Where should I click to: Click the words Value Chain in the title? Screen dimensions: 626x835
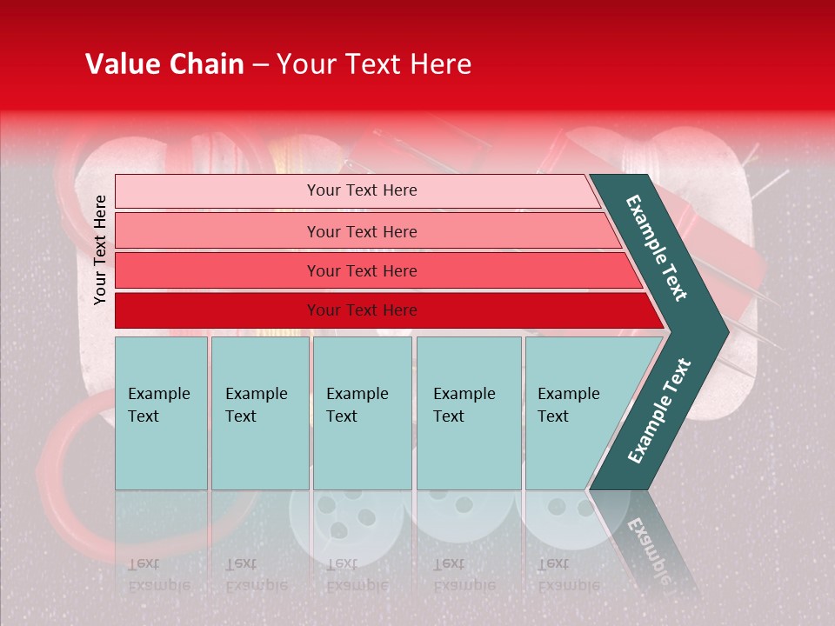click(164, 64)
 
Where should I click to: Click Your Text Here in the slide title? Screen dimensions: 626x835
click(374, 64)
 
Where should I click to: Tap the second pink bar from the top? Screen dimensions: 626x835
click(362, 231)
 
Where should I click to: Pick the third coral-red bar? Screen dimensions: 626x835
click(362, 270)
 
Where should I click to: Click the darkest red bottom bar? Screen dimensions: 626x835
click(362, 310)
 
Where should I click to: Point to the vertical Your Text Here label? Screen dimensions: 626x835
click(100, 250)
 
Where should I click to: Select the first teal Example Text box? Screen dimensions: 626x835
click(161, 413)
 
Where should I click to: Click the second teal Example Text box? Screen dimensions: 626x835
click(260, 413)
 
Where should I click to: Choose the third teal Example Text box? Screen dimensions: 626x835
click(362, 413)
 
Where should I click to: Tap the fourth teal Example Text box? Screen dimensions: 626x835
click(469, 413)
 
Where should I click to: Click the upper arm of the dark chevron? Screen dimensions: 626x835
click(657, 248)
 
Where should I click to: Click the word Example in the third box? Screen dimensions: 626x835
click(357, 394)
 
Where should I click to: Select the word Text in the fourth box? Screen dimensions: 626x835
click(449, 416)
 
